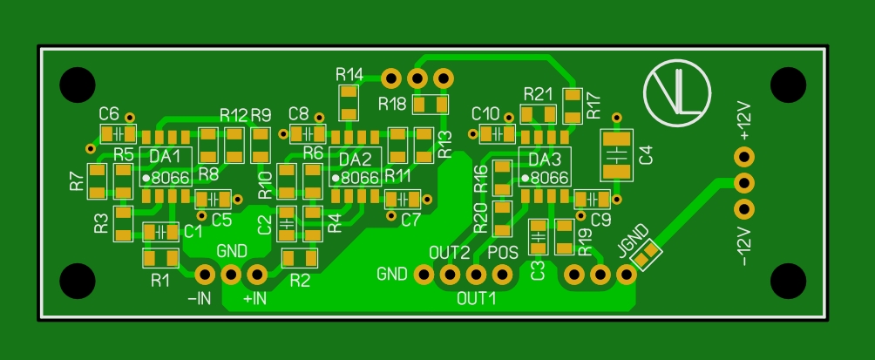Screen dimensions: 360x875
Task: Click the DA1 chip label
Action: pos(166,156)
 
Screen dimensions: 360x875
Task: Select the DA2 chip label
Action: pos(355,159)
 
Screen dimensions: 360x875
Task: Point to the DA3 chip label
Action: pos(544,160)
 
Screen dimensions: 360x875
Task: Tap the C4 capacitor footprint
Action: pos(619,155)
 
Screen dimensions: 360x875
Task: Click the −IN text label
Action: pos(200,299)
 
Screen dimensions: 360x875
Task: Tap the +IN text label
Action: pos(254,299)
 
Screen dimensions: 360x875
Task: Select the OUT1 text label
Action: pos(477,298)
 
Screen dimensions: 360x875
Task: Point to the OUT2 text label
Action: pos(450,253)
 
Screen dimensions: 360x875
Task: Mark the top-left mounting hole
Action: pos(77,85)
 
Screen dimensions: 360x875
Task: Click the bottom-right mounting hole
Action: pos(789,282)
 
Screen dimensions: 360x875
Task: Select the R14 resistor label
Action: pos(349,73)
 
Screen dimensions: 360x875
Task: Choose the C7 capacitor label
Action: pos(411,220)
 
